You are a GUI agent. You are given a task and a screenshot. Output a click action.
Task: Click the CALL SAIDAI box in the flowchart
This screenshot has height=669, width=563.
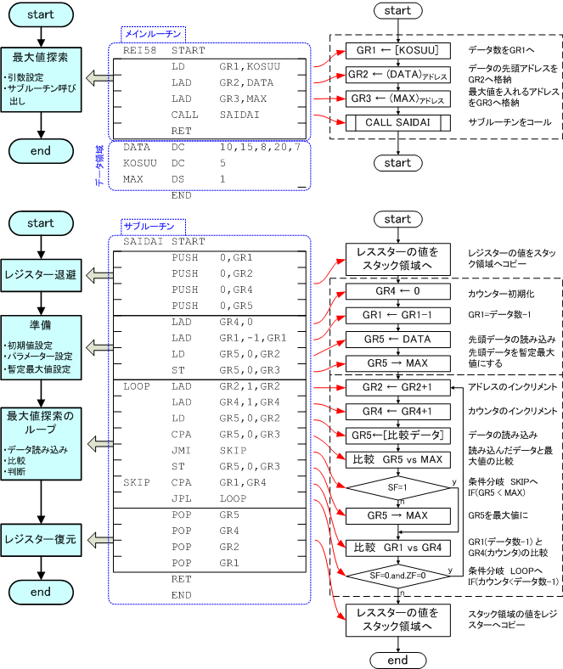[397, 122]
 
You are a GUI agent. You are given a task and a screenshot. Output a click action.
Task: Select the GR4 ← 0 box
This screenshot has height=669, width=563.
[397, 292]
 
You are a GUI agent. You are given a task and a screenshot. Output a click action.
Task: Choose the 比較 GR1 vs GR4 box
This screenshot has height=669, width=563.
[397, 547]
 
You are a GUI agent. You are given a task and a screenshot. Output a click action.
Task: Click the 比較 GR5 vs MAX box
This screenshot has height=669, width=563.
[397, 460]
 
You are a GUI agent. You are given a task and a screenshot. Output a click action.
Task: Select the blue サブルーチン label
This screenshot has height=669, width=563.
[149, 227]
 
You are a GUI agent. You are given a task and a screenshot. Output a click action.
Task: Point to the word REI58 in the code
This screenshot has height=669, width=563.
[139, 50]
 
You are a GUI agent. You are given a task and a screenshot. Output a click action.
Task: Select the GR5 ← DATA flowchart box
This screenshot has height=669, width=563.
[397, 340]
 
